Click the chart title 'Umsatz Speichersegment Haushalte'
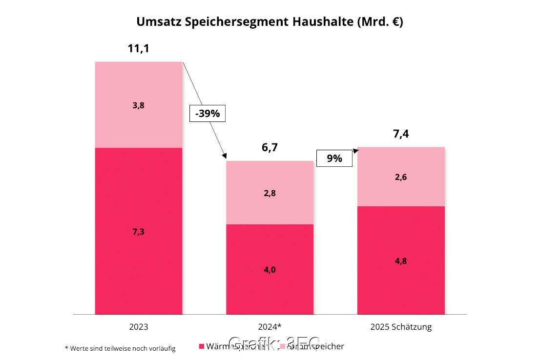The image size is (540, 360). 270,22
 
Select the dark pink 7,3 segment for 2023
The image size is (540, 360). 139,231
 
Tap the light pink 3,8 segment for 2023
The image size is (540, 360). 139,105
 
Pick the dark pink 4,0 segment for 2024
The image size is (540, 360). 270,269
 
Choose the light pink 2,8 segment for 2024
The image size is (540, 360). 270,193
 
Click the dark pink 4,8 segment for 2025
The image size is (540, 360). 401,260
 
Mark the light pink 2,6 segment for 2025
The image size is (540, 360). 401,177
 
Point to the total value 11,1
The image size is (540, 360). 138,49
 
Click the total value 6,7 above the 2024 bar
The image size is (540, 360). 269,148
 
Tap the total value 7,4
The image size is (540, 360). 401,134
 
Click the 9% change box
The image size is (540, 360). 334,159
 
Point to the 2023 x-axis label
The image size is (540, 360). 138,327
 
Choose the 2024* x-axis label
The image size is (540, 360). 270,327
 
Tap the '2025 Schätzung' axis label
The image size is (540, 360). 401,327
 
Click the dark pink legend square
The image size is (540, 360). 201,347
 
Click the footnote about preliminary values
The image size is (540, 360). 120,348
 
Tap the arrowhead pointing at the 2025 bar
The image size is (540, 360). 355,150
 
